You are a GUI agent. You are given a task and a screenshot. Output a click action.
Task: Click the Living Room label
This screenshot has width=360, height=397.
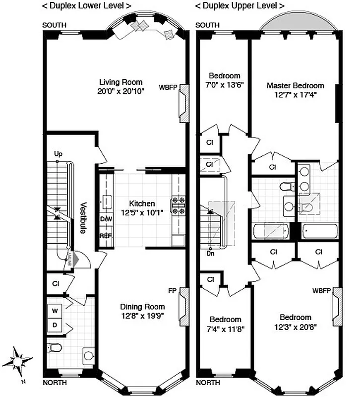[120, 82]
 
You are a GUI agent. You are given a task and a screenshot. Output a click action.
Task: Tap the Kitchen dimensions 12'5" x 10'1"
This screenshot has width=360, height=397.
[142, 212]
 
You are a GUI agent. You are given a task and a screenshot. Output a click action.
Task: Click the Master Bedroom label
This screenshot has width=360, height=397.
[295, 85]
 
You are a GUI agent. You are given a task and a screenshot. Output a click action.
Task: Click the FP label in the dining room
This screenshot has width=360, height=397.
[172, 291]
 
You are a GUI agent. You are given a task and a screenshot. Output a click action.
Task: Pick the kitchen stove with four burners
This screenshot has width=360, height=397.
[178, 205]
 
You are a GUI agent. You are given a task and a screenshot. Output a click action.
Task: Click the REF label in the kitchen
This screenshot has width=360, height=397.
[106, 236]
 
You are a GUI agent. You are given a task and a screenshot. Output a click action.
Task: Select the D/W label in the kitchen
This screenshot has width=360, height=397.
[106, 219]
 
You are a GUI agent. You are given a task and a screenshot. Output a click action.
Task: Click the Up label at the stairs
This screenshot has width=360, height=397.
[58, 154]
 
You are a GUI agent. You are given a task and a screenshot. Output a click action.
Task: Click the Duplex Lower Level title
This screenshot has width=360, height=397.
[86, 6]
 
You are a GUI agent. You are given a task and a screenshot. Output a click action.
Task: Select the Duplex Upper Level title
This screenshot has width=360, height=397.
[240, 6]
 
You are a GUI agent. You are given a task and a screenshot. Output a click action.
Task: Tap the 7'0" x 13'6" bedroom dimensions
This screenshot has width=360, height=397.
[225, 85]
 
